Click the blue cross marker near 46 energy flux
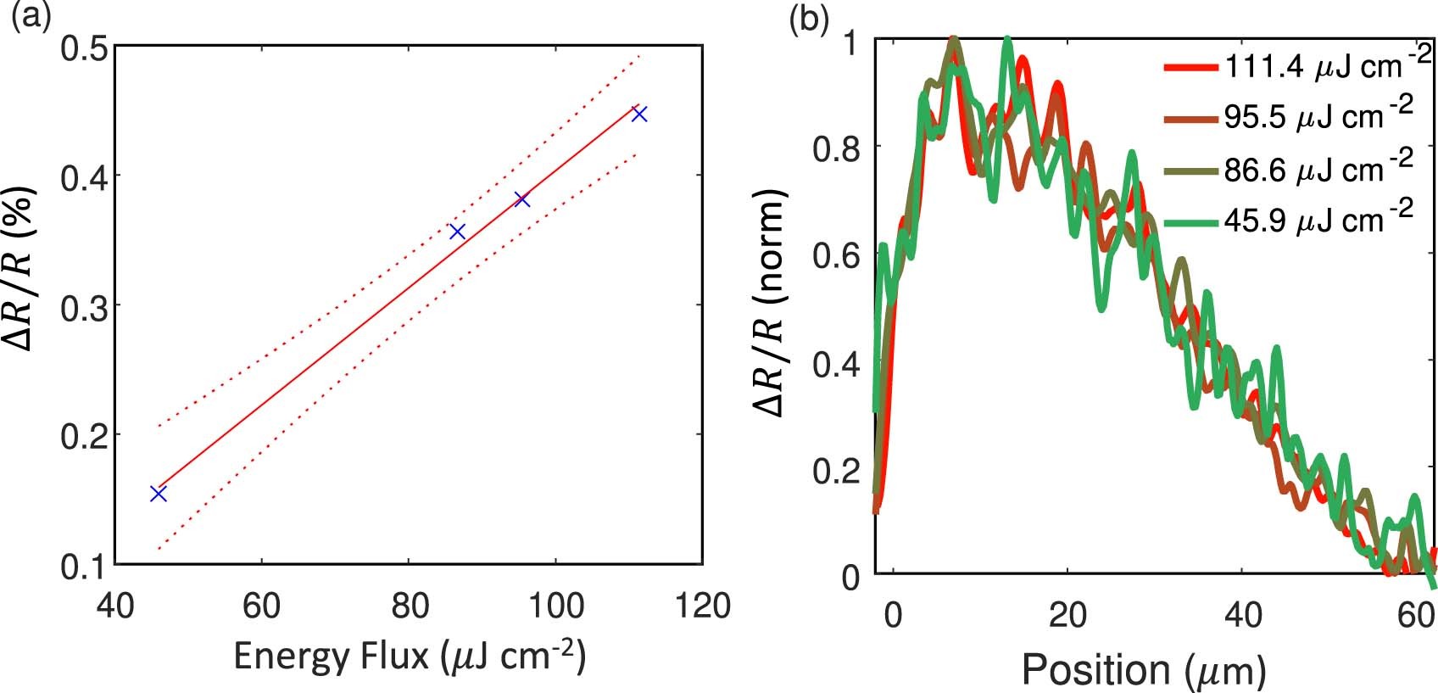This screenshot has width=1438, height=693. pos(158,493)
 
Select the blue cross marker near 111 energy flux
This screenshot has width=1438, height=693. pos(639,113)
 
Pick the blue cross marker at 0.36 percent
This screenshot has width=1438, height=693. pos(457,232)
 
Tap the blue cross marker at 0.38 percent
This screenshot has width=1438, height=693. pos(521,199)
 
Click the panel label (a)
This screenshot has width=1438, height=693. pos(28,16)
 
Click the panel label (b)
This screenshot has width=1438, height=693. pos(808,18)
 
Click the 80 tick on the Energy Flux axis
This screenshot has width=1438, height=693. pos(409,606)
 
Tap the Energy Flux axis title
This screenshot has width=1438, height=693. pos(409,657)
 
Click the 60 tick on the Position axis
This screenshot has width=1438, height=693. pos(1416,615)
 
